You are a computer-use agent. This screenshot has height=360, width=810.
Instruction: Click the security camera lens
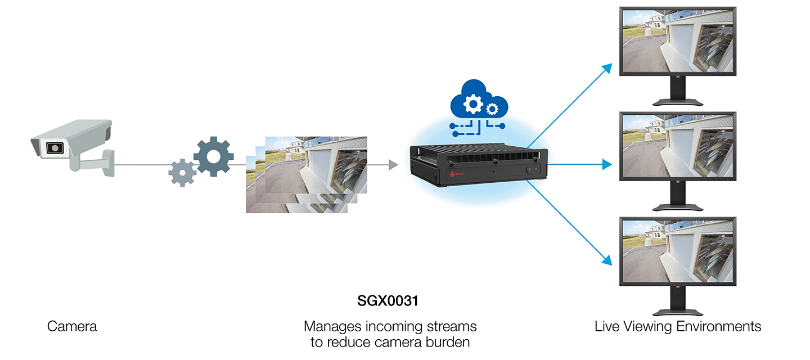pyautogui.click(x=55, y=148)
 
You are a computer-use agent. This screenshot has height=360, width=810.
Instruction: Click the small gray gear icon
pyautogui.click(x=182, y=172)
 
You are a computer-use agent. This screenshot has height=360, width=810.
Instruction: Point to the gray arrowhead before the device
pyautogui.click(x=393, y=165)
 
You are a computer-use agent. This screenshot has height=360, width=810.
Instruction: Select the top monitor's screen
pyautogui.click(x=677, y=42)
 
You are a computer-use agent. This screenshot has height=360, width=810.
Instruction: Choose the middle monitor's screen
pyautogui.click(x=677, y=145)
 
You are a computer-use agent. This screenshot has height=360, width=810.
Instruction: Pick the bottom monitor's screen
pyautogui.click(x=677, y=250)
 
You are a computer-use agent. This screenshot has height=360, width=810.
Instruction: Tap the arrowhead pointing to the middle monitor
pyautogui.click(x=607, y=165)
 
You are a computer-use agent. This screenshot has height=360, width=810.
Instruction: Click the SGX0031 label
pyautogui.click(x=388, y=301)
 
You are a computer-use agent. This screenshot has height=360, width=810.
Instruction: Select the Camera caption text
pyautogui.click(x=72, y=326)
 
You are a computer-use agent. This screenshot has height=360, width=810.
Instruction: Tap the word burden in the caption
pyautogui.click(x=448, y=341)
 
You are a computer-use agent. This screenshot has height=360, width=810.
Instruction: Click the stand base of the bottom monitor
pyautogui.click(x=677, y=312)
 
